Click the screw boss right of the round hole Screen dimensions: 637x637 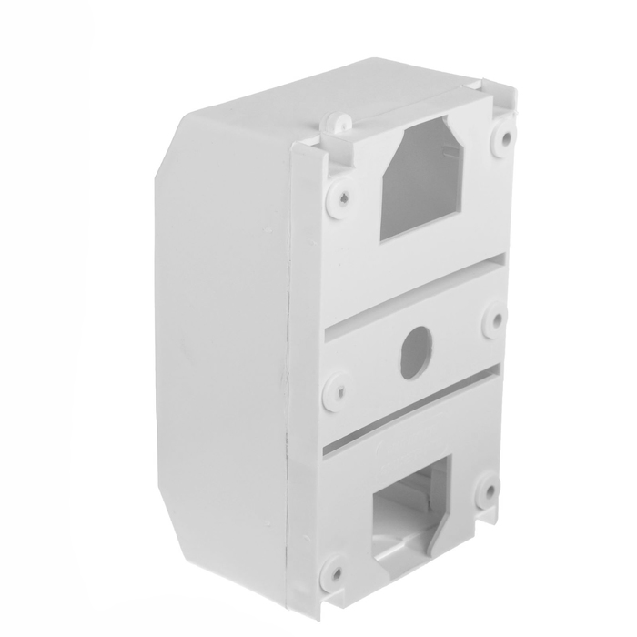[x=495, y=318]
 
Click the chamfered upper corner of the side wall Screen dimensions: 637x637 [x=173, y=146]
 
